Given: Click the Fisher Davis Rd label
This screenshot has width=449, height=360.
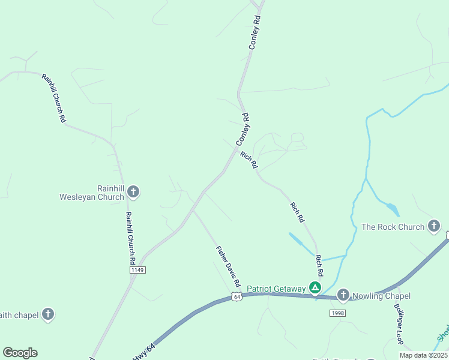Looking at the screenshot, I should click(x=228, y=266).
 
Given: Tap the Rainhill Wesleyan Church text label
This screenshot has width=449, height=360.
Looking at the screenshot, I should click(x=92, y=192).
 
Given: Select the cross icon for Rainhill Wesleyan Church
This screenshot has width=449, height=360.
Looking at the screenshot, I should click(x=133, y=192).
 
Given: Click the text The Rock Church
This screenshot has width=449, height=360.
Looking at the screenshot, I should click(x=393, y=227).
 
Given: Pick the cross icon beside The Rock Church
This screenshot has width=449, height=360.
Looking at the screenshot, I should click(x=434, y=227).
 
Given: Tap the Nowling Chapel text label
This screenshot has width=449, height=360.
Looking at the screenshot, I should click(x=381, y=296).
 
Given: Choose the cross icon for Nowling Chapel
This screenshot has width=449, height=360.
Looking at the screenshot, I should click(x=343, y=295).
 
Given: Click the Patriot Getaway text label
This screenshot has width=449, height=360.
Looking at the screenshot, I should click(x=276, y=289).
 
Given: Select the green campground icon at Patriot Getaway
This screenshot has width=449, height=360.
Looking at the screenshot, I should click(x=315, y=289).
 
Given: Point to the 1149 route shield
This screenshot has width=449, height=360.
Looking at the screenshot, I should click(x=137, y=270).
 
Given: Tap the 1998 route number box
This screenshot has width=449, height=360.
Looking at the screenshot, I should click(x=338, y=313).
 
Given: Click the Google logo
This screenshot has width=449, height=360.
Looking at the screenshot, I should click(x=20, y=353).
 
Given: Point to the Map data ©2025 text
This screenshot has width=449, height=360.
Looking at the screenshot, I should click(x=424, y=355).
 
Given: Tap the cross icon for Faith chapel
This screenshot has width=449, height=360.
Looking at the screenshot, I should click(x=48, y=314).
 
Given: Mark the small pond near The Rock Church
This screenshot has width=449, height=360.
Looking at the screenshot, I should click(x=392, y=209).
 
